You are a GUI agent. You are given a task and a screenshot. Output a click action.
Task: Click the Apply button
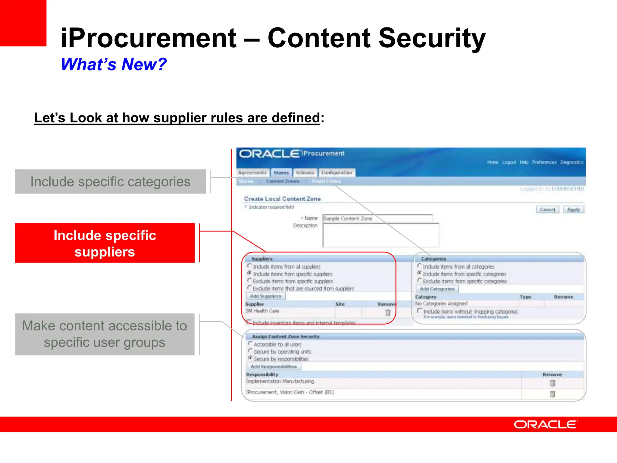(573, 209)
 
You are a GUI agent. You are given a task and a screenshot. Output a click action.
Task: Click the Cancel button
(547, 209)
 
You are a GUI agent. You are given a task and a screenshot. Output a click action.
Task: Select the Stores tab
(281, 173)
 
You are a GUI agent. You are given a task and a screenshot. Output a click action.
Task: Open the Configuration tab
(337, 173)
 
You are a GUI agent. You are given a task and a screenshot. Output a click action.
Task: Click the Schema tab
(305, 173)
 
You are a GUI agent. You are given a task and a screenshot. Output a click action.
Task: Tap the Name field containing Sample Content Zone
(377, 218)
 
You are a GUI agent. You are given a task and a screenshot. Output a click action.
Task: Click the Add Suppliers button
(266, 296)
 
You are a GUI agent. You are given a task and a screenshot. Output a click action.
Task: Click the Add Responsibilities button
(274, 367)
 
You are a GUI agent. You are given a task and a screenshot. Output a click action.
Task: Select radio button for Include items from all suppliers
(249, 266)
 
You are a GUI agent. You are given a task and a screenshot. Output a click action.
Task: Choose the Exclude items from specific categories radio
(419, 281)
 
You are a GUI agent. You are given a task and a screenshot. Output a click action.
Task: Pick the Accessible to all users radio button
(250, 344)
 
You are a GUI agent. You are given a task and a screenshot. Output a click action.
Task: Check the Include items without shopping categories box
(419, 311)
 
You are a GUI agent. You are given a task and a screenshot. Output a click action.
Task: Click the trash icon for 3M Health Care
(388, 313)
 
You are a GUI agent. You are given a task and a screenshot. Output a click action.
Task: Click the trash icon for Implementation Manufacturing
(552, 383)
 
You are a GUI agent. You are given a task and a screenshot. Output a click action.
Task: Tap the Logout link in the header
(509, 162)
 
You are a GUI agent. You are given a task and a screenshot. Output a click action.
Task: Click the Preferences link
(544, 162)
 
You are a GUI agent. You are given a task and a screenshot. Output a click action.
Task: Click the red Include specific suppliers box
(105, 243)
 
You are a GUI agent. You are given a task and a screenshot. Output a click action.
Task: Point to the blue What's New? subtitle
(114, 64)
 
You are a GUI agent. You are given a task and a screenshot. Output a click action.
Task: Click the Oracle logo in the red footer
(546, 424)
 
